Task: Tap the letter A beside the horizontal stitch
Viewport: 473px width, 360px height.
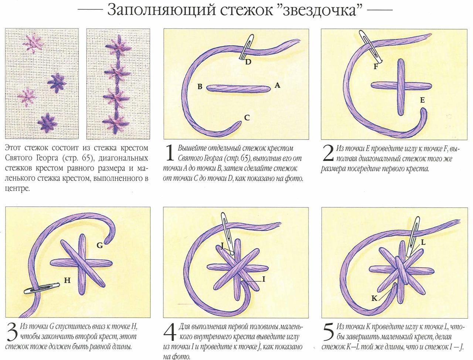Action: pyautogui.click(x=278, y=86)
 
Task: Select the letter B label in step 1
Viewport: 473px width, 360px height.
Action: pyautogui.click(x=200, y=86)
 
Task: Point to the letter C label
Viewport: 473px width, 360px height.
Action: pyautogui.click(x=247, y=117)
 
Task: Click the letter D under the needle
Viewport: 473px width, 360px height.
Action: pyautogui.click(x=248, y=62)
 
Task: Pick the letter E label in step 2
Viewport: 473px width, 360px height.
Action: pyautogui.click(x=422, y=100)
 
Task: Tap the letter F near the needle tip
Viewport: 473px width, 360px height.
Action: pyautogui.click(x=376, y=66)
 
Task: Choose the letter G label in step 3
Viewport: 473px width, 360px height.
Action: pyautogui.click(x=99, y=246)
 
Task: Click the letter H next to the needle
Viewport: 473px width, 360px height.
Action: pyautogui.click(x=67, y=280)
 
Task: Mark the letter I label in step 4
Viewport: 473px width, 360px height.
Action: pyautogui.click(x=263, y=279)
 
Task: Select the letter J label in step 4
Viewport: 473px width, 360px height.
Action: pyautogui.click(x=222, y=246)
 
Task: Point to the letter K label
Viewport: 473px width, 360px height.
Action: pyautogui.click(x=374, y=298)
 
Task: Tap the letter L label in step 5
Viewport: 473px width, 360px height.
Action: pyautogui.click(x=423, y=243)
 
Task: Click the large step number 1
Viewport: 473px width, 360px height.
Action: pyautogui.click(x=170, y=153)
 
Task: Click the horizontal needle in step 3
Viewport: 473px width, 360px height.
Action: pyautogui.click(x=42, y=288)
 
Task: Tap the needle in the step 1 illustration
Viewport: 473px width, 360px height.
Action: pyautogui.click(x=247, y=47)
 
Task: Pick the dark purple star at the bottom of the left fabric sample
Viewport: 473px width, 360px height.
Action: pyautogui.click(x=47, y=123)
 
